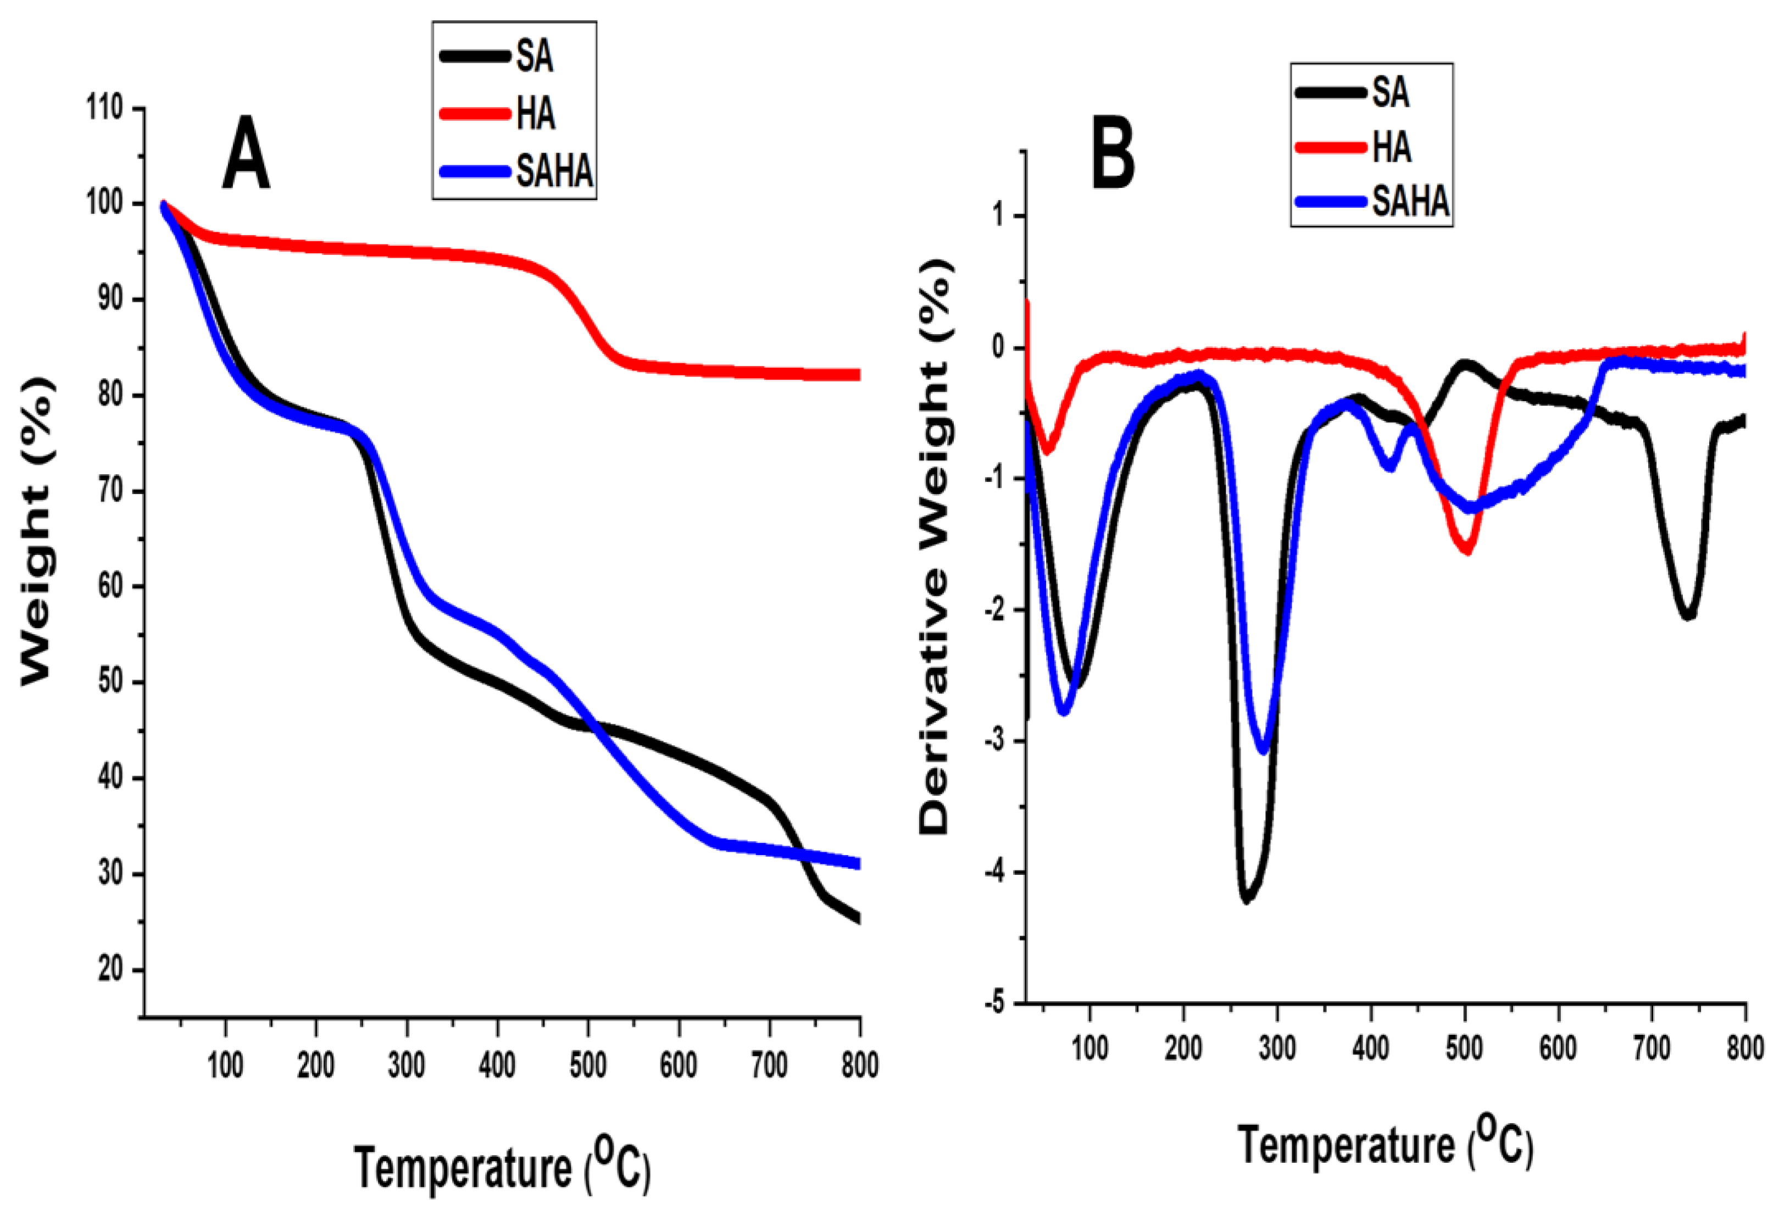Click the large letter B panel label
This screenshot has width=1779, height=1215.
[1112, 154]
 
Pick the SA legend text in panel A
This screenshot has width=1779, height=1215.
[535, 57]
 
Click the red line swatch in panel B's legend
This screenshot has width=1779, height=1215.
[1331, 147]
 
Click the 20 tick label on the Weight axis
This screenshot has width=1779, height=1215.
[110, 969]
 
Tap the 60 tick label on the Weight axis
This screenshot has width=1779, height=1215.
[110, 586]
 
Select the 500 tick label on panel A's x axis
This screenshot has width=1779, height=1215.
[588, 1065]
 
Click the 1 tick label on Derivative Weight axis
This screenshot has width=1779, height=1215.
[997, 216]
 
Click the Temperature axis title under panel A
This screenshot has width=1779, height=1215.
[502, 1168]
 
